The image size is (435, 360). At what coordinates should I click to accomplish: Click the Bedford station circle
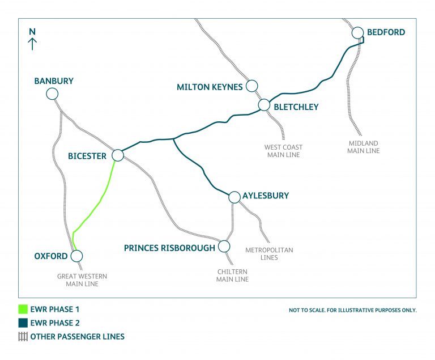click(x=357, y=32)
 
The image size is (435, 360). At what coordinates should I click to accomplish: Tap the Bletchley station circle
click(x=264, y=105)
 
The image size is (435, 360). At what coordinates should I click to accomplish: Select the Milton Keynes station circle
click(x=252, y=86)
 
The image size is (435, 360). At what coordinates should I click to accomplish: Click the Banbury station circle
click(x=52, y=94)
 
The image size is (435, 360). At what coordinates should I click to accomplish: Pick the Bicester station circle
click(x=118, y=155)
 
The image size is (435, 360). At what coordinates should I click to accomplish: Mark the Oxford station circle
click(x=76, y=256)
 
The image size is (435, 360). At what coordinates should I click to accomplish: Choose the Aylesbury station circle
click(x=234, y=197)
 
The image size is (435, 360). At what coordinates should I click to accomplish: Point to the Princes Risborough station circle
click(x=224, y=247)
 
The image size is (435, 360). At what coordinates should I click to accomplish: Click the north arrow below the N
click(x=33, y=44)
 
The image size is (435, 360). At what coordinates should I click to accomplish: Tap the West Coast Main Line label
click(x=283, y=151)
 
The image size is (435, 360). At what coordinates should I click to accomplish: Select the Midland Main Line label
click(x=363, y=147)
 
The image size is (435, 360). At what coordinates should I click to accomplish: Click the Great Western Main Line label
click(x=82, y=280)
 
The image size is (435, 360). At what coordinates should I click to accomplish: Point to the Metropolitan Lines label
click(x=269, y=253)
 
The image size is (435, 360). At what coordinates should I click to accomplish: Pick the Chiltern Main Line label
click(x=232, y=276)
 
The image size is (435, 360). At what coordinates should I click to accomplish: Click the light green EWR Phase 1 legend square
click(x=23, y=310)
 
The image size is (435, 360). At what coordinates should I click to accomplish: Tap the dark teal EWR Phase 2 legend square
click(x=23, y=323)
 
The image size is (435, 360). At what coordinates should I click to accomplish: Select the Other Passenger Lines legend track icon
click(x=23, y=336)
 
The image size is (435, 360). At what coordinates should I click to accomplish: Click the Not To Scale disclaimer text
click(x=352, y=311)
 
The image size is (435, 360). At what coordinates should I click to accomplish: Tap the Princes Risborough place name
click(x=169, y=248)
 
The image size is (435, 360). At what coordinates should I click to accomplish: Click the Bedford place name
click(x=386, y=32)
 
